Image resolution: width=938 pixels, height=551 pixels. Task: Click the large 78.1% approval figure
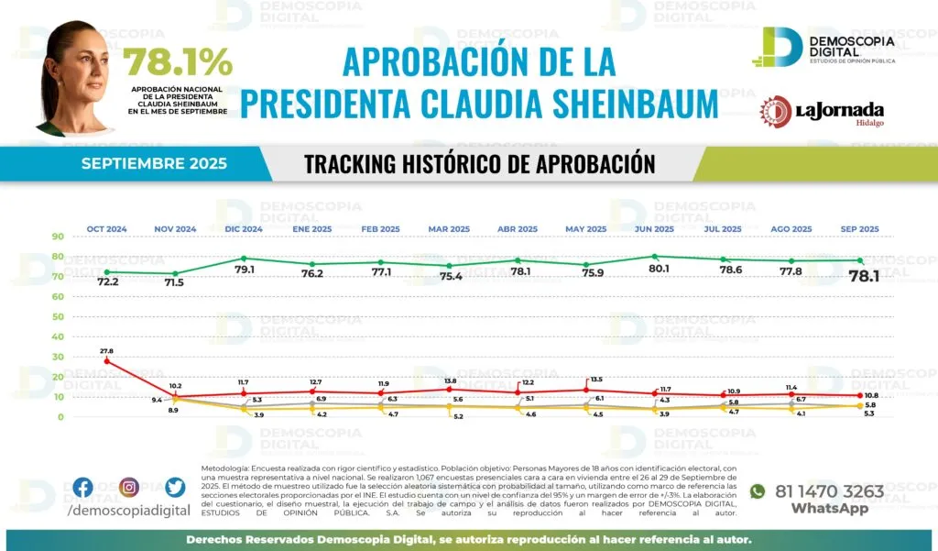pyautogui.click(x=178, y=62)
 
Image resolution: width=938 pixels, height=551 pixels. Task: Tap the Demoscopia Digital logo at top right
pyautogui.click(x=823, y=47)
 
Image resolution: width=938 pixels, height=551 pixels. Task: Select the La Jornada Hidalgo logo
pyautogui.click(x=821, y=112)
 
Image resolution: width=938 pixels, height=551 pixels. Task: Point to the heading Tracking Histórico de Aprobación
pyautogui.click(x=479, y=164)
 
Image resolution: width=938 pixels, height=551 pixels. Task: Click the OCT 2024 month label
pyautogui.click(x=107, y=228)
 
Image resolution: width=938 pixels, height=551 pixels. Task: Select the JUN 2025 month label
pyautogui.click(x=654, y=228)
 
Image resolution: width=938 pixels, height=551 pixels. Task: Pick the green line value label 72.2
pyautogui.click(x=108, y=282)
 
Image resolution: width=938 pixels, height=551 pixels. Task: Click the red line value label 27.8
pyautogui.click(x=107, y=350)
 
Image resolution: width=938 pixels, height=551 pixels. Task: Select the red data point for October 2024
pyautogui.click(x=107, y=361)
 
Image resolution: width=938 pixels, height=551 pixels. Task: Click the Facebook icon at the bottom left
pyautogui.click(x=82, y=488)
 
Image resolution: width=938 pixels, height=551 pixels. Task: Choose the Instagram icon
pyautogui.click(x=129, y=488)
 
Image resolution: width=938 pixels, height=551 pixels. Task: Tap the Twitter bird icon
pyautogui.click(x=176, y=488)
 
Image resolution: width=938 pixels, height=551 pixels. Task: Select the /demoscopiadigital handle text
pyautogui.click(x=129, y=510)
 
